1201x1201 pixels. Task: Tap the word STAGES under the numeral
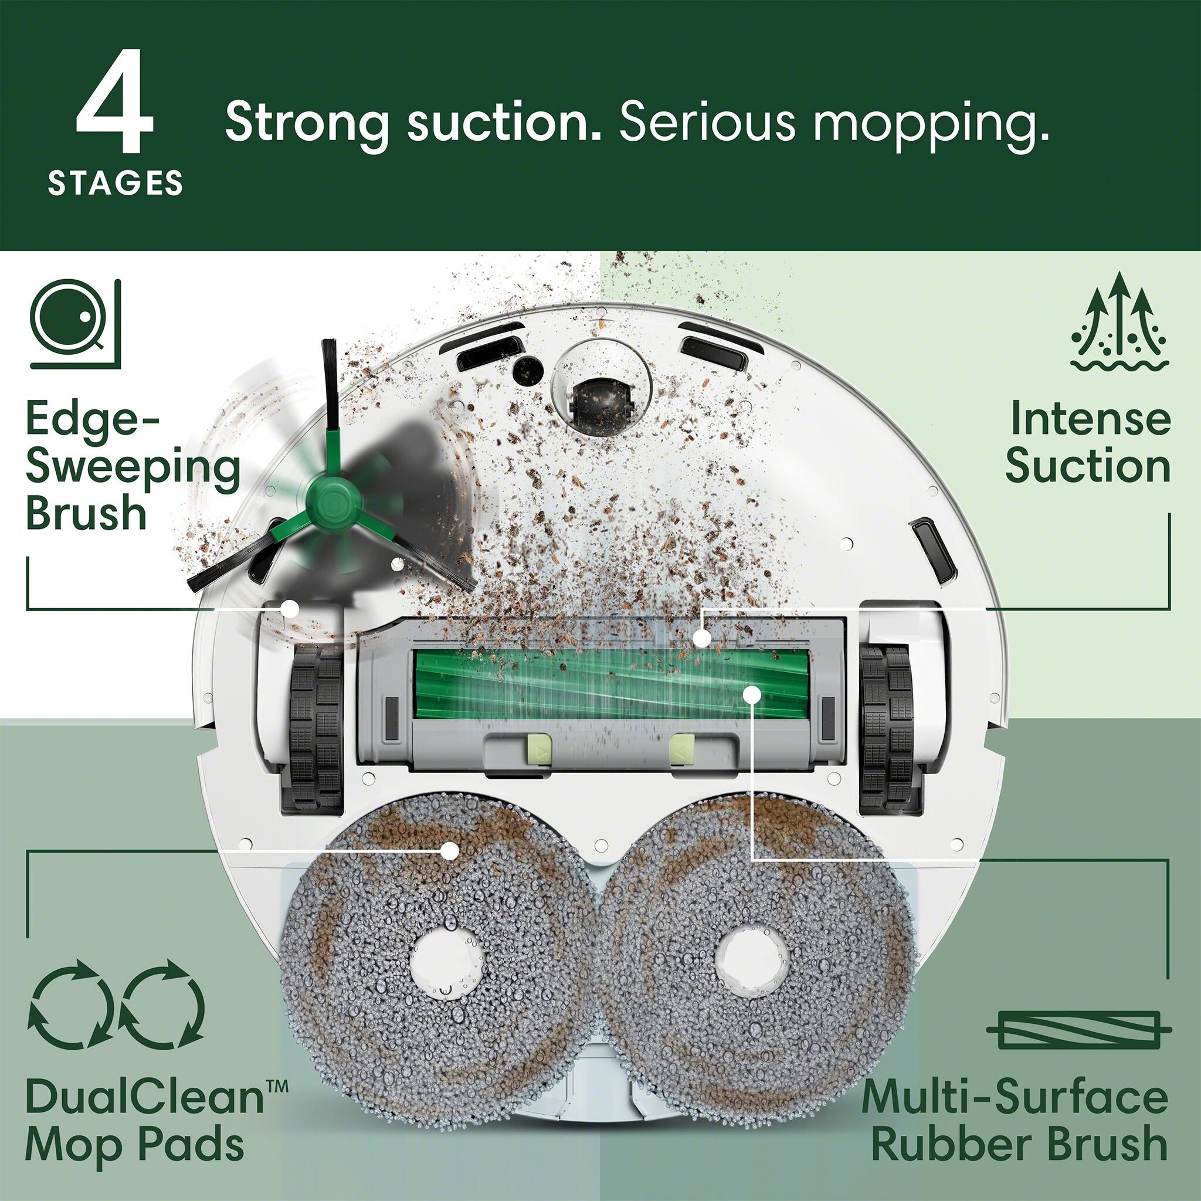tap(116, 184)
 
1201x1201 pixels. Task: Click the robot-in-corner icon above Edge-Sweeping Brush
tap(74, 324)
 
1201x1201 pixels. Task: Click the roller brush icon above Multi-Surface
tap(1078, 1029)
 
